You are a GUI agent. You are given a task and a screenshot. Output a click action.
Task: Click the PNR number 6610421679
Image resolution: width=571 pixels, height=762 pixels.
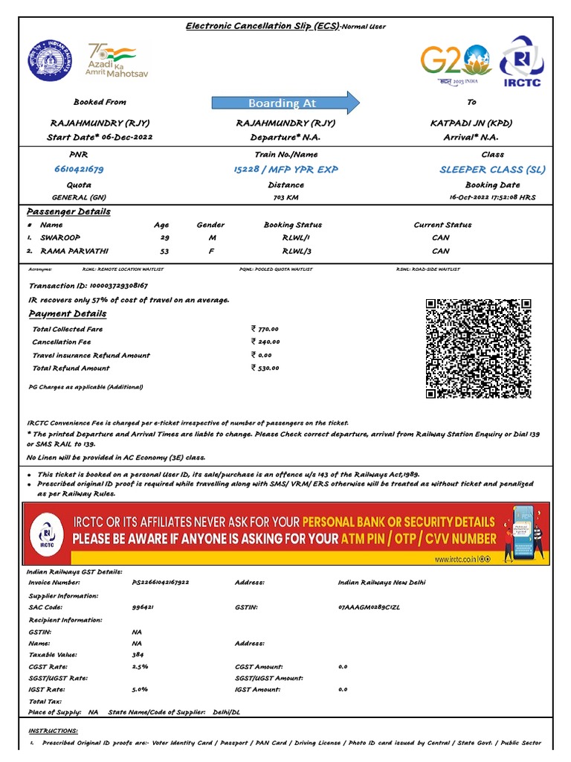click(x=79, y=169)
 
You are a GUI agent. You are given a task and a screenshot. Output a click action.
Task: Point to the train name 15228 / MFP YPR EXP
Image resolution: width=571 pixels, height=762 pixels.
click(x=285, y=169)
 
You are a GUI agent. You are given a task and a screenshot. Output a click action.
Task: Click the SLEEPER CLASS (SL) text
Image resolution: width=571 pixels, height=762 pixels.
click(x=492, y=169)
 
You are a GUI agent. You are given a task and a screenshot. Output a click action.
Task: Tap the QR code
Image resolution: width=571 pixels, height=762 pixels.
click(x=478, y=348)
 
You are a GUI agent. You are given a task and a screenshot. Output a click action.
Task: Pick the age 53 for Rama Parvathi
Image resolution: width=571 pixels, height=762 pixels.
click(x=164, y=251)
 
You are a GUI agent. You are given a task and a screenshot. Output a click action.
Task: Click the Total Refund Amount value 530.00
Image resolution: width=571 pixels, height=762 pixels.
click(x=266, y=368)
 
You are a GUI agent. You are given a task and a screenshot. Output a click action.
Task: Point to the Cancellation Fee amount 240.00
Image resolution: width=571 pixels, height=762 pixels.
click(x=266, y=342)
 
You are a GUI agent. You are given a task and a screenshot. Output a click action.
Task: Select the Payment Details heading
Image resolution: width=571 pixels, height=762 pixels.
click(x=67, y=313)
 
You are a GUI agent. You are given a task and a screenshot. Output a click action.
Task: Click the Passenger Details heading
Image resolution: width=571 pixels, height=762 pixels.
click(x=68, y=211)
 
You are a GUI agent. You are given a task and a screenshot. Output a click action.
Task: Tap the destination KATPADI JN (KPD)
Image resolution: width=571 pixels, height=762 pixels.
click(x=471, y=123)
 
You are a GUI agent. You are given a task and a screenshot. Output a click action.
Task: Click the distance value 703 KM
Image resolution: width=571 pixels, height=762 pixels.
click(x=285, y=197)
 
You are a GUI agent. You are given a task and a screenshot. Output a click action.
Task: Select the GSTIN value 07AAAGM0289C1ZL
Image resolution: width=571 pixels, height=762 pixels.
click(x=369, y=607)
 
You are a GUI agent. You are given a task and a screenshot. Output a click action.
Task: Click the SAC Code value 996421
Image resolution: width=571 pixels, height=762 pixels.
click(x=143, y=607)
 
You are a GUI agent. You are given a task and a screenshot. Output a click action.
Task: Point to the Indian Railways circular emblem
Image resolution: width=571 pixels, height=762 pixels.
click(x=51, y=62)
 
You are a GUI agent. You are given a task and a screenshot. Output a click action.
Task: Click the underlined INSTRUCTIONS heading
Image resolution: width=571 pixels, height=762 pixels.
click(x=53, y=731)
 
